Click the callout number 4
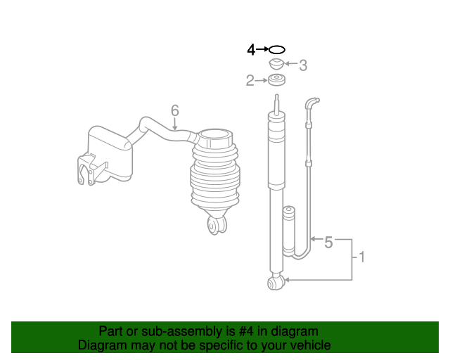(x=251, y=50)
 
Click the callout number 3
(x=303, y=66)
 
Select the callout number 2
(x=250, y=81)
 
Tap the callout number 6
(x=175, y=110)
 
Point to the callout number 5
(x=328, y=243)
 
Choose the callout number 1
(x=362, y=258)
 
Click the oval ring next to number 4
(x=277, y=50)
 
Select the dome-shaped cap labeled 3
(x=277, y=65)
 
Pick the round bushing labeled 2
(x=277, y=80)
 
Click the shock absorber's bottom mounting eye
(x=275, y=283)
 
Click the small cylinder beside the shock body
(x=288, y=231)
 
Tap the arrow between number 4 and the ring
(x=262, y=50)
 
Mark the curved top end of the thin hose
(x=311, y=103)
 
